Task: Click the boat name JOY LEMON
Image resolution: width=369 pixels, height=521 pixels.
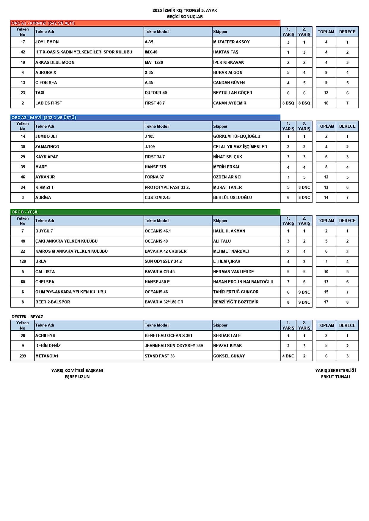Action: (x=47, y=42)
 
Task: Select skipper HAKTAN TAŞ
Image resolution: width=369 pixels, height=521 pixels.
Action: (x=226, y=52)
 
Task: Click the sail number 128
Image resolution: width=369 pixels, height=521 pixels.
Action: (x=23, y=261)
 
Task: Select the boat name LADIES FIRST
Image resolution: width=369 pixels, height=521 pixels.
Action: (x=49, y=103)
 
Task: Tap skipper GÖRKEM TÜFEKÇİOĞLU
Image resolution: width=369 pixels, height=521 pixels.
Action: (x=237, y=136)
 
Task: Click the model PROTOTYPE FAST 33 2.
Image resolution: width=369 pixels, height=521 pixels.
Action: (x=167, y=187)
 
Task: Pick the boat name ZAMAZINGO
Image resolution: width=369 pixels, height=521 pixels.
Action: (x=47, y=147)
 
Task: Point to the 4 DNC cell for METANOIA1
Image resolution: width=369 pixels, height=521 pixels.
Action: (x=288, y=356)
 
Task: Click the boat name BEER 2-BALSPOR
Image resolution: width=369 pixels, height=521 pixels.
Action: (x=53, y=302)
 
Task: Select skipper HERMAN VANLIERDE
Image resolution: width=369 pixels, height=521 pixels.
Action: (x=233, y=272)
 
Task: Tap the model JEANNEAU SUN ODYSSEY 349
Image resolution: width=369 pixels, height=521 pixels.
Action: (x=174, y=346)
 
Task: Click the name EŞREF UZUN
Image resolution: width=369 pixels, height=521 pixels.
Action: (x=77, y=377)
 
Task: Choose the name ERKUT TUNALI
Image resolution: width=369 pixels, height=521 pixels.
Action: (x=335, y=377)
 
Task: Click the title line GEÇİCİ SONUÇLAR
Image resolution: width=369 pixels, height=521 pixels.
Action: (x=185, y=17)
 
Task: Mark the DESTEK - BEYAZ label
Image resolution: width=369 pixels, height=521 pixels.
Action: (x=27, y=317)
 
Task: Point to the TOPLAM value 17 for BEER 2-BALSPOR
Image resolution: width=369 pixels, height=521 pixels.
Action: (x=326, y=302)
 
